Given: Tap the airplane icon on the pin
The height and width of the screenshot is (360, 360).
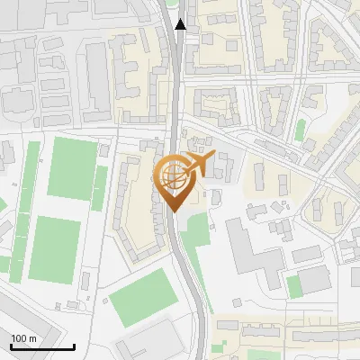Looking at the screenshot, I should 199,165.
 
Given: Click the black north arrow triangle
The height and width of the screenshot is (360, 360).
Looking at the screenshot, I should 181,24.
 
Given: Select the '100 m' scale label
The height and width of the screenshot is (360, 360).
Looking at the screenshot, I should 23,338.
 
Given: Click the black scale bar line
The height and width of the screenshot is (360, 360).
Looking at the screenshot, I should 42,346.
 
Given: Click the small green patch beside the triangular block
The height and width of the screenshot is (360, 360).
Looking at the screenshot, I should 300,130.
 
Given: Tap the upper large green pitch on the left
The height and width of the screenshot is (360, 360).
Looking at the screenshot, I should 72,168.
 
